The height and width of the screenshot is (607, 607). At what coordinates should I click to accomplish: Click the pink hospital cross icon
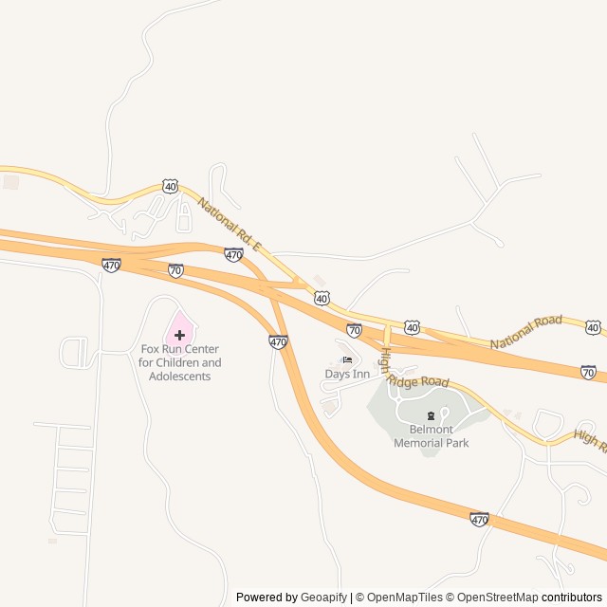click(179, 335)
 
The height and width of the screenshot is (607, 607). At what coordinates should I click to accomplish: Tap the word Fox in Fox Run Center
click(152, 349)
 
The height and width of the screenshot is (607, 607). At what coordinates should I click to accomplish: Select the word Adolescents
click(179, 377)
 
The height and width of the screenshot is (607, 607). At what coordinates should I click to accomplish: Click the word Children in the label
click(198, 362)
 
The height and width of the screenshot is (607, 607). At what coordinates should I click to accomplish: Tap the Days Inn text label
click(347, 374)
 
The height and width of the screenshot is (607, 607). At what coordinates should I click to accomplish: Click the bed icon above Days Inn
click(347, 360)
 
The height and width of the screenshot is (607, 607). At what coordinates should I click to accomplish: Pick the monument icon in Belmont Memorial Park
click(432, 416)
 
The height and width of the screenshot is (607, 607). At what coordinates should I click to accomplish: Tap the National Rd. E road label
click(229, 225)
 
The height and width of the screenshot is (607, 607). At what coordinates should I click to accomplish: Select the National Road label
click(526, 332)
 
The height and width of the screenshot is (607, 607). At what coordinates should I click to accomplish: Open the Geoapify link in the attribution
click(324, 598)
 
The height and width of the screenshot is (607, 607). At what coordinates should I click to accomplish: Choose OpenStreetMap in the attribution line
click(494, 598)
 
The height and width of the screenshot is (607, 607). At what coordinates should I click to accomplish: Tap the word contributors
click(572, 598)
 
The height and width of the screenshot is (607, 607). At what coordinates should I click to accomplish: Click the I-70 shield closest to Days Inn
click(354, 330)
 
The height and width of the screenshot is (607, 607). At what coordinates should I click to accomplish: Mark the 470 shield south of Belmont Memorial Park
click(480, 519)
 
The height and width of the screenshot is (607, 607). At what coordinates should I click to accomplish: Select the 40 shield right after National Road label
click(593, 327)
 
